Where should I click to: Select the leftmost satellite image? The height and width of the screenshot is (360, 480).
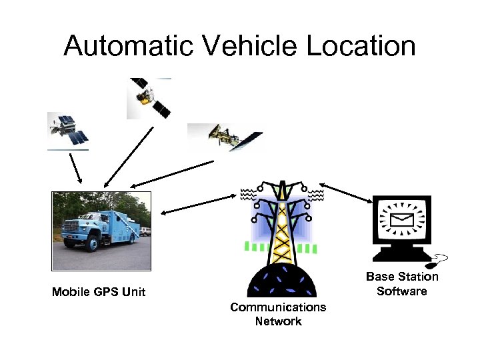click(68, 131)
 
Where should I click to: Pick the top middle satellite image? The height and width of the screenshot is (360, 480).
click(149, 98)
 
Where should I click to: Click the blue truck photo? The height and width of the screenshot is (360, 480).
click(101, 231)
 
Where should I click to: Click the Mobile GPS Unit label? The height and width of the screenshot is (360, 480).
click(99, 292)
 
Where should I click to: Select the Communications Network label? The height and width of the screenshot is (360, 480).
click(278, 314)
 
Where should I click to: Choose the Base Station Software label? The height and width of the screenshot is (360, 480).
click(402, 283)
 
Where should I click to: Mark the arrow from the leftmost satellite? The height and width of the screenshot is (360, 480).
click(75, 167)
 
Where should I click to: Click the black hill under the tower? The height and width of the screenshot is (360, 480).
click(281, 280)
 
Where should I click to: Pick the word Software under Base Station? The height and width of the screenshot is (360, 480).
click(401, 291)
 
